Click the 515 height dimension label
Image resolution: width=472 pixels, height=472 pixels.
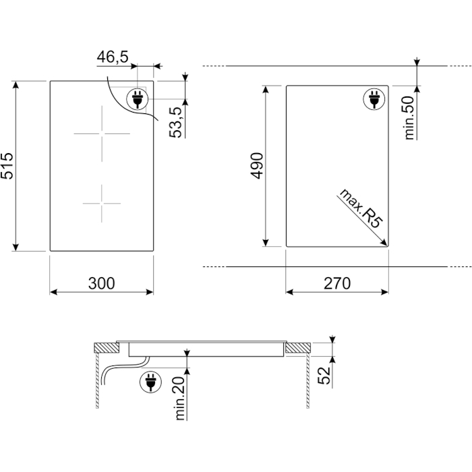point(7,166)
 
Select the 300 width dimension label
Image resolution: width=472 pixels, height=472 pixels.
point(101,283)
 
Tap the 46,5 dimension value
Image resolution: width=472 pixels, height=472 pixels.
point(113,57)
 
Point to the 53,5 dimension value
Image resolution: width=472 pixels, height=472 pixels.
point(176,123)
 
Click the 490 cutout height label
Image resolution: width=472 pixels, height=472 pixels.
point(257,166)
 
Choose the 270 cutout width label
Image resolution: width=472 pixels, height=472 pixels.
point(337,283)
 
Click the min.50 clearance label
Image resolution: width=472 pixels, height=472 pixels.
point(409,118)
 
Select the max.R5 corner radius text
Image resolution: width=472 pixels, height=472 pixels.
point(361,208)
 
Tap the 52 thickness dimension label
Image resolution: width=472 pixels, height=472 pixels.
point(324,376)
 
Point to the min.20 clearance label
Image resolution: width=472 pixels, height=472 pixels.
point(180,399)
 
